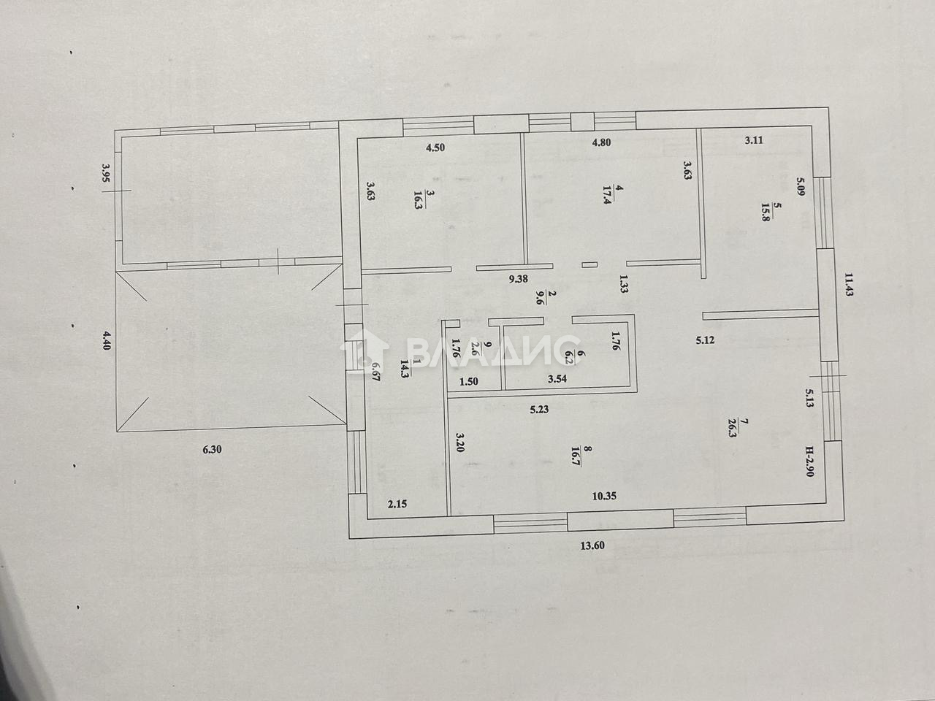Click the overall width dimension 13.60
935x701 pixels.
(592, 546)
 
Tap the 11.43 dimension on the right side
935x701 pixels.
(847, 284)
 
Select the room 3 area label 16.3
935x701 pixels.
(418, 200)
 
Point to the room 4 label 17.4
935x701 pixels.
(608, 196)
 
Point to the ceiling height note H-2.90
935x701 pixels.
(810, 461)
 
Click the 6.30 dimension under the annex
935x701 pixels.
(212, 450)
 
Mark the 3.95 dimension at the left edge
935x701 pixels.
(106, 173)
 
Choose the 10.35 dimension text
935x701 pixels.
(604, 496)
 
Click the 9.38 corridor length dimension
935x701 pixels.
(519, 279)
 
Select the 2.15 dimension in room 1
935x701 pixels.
(397, 505)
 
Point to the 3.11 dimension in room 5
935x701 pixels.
(754, 140)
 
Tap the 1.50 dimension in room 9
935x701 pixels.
(468, 382)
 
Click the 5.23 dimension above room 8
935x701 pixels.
(539, 410)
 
